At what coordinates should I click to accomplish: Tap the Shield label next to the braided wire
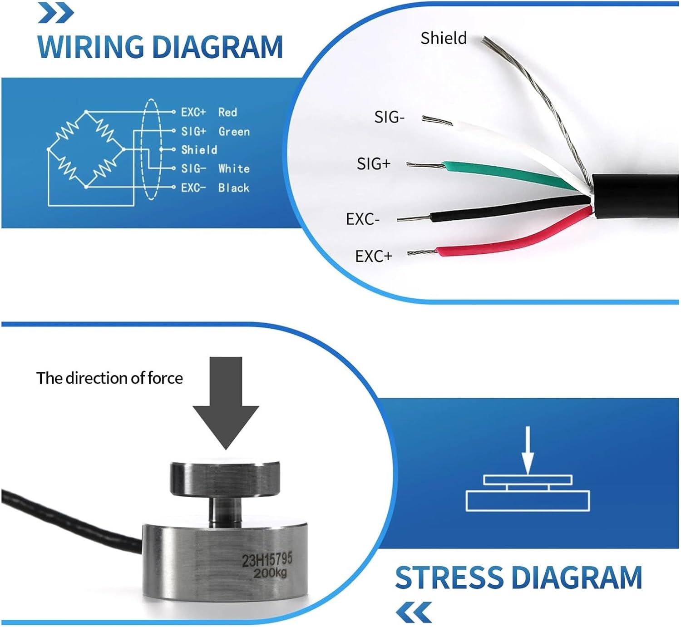[x=443, y=38]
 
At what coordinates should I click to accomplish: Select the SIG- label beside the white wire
[x=389, y=118]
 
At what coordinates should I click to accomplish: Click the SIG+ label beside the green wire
[x=373, y=164]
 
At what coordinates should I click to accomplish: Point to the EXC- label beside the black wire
[x=362, y=219]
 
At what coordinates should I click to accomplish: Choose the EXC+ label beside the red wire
[x=373, y=257]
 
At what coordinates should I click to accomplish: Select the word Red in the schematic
[x=227, y=112]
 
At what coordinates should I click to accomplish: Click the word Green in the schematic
[x=234, y=132]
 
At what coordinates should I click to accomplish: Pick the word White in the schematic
[x=234, y=169]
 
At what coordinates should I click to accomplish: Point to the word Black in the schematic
[x=233, y=188]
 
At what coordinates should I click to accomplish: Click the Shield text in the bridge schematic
[x=199, y=150]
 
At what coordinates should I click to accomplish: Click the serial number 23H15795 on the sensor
[x=267, y=560]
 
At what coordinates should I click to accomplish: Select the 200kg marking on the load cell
[x=270, y=573]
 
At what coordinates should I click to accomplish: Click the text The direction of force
[x=109, y=378]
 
